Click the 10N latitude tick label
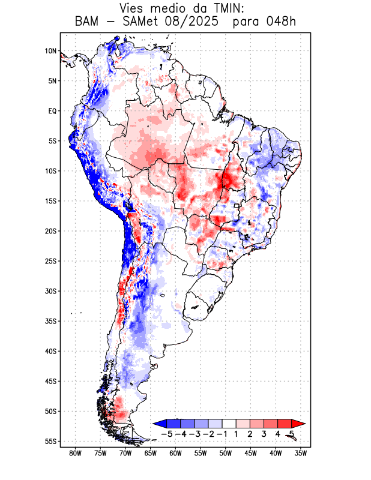click(x=51, y=51)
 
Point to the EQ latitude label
click(x=52, y=111)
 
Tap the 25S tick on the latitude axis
click(x=50, y=261)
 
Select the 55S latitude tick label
click(x=50, y=442)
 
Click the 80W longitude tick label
click(x=75, y=453)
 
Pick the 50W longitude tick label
click(x=226, y=453)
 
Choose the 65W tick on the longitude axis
click(x=151, y=453)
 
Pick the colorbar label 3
click(x=264, y=433)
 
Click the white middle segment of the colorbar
click(x=229, y=424)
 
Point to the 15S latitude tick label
click(x=50, y=201)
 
